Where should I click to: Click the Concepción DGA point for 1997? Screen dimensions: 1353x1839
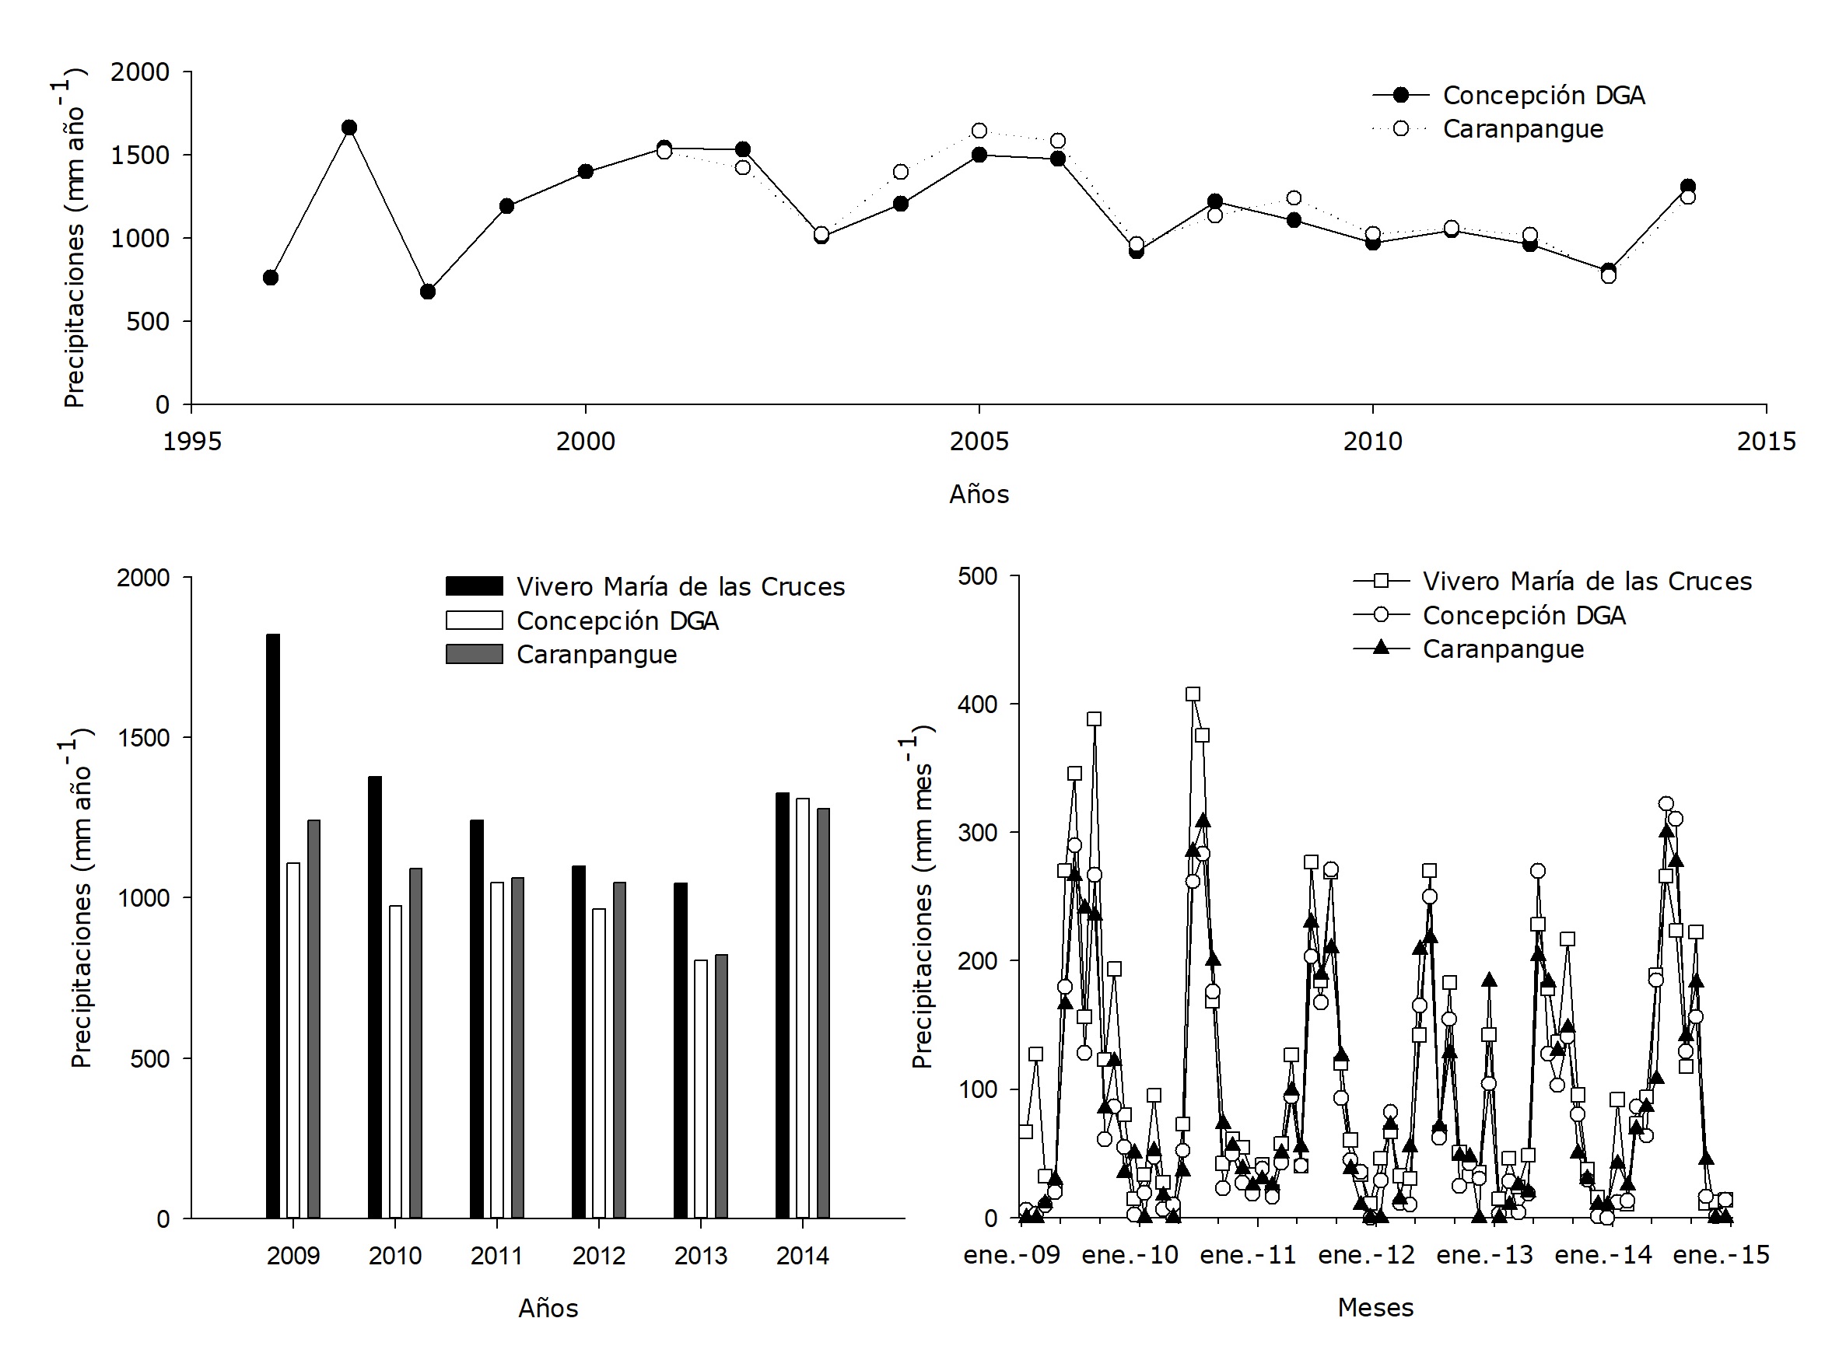349,128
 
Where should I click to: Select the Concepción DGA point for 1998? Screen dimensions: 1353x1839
428,292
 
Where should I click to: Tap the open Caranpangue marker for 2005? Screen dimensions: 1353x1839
979,131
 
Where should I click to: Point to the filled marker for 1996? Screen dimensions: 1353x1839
270,278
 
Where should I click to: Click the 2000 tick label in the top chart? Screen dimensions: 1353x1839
585,442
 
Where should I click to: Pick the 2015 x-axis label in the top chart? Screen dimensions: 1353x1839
1766,442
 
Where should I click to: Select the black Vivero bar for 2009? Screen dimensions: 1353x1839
273,925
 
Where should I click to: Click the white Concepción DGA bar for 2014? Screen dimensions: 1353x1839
803,1009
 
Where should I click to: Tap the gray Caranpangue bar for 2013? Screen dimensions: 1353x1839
722,1086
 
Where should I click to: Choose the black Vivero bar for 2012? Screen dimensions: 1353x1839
578,1042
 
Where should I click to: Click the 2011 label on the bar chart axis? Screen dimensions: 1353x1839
496,1256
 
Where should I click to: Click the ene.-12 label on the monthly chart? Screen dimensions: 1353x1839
1366,1255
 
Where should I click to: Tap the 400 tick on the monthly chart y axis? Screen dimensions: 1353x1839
978,704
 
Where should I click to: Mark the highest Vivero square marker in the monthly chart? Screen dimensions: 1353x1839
1193,694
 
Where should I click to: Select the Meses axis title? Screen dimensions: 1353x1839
1375,1308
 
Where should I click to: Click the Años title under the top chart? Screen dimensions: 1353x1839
979,494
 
